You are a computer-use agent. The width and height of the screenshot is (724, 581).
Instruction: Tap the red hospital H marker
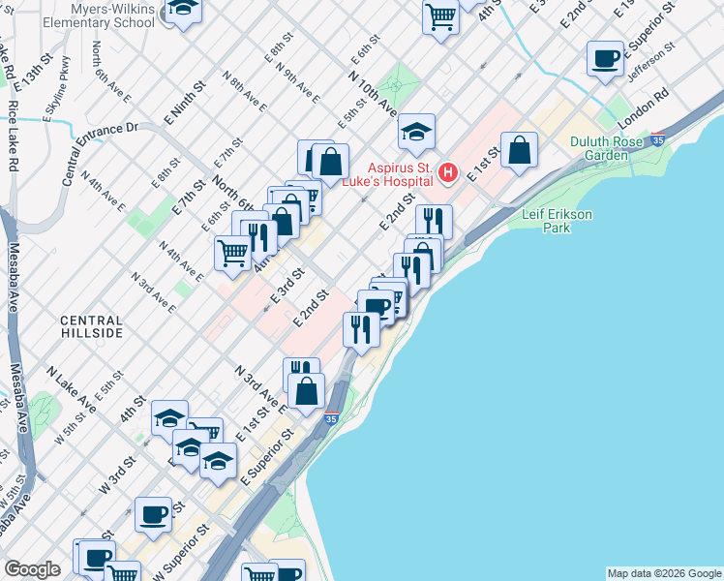click(448, 173)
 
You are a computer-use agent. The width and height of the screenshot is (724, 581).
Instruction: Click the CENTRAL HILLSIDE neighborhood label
click(91, 326)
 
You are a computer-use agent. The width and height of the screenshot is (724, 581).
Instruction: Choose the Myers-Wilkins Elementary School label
click(89, 15)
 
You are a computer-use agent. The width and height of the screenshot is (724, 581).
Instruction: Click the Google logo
click(32, 569)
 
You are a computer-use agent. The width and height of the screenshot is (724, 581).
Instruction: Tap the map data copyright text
click(663, 573)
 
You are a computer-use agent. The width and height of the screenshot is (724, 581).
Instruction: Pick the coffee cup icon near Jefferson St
click(606, 59)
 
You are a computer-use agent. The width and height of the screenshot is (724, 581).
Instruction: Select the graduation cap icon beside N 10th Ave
click(417, 132)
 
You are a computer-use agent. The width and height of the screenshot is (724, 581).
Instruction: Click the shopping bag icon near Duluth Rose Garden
click(520, 150)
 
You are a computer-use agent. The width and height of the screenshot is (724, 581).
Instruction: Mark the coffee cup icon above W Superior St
click(153, 514)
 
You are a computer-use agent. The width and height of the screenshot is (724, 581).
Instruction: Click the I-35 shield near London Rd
click(659, 139)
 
